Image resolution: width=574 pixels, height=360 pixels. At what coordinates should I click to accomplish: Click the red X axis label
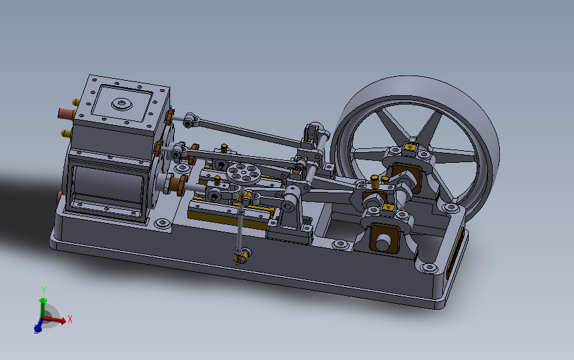[70, 319]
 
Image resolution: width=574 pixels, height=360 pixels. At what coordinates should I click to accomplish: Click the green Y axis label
[43, 291]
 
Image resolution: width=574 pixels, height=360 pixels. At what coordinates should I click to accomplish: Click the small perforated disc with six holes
[242, 173]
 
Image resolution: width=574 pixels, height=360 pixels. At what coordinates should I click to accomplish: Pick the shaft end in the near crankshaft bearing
[383, 242]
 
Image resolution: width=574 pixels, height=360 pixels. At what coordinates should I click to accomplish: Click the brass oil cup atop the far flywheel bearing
[411, 146]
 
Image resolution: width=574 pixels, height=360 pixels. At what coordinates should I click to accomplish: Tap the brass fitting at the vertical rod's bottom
[243, 254]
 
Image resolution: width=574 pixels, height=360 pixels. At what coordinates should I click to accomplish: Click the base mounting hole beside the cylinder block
[162, 225]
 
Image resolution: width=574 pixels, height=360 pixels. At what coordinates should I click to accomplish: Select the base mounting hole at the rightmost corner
[454, 208]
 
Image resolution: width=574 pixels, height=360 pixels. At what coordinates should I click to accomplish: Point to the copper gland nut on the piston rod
[177, 183]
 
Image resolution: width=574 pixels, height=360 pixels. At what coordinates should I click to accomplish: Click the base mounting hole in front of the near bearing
[428, 268]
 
